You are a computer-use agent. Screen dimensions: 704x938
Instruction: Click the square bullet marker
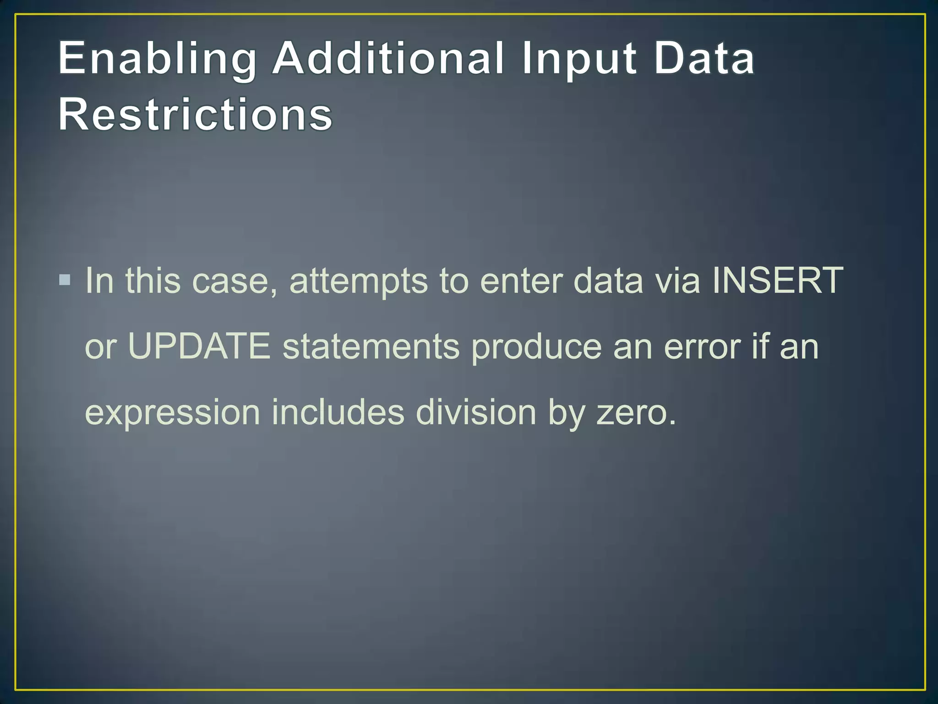tap(65, 280)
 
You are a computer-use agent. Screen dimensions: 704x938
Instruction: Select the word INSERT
tap(777, 280)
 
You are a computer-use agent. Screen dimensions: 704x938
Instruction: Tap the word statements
tap(371, 346)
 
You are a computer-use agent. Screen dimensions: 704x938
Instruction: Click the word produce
tap(536, 347)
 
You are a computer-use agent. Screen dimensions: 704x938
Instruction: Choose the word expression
tap(173, 413)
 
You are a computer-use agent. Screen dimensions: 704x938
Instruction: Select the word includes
tap(338, 412)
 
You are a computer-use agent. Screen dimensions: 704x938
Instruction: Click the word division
tap(476, 412)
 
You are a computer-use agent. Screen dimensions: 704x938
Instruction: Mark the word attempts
tap(359, 281)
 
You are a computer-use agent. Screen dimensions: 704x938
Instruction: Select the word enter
tap(521, 281)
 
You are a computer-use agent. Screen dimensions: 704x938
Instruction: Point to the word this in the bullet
tap(153, 280)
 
